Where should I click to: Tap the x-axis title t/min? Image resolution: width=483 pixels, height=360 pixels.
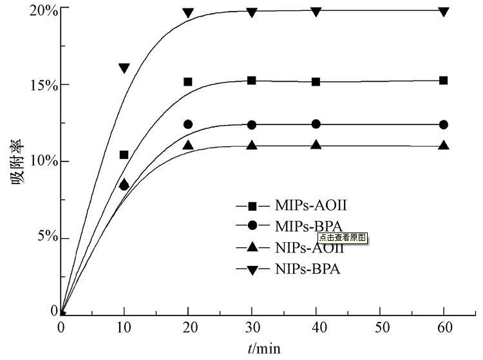264,348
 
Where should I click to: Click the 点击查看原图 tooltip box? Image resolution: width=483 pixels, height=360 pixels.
342,237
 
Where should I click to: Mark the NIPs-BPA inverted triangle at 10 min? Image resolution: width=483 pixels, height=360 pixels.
124,68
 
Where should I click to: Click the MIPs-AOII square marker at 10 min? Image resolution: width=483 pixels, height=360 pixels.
124,155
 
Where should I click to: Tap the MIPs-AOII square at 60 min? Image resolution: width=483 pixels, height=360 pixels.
443,81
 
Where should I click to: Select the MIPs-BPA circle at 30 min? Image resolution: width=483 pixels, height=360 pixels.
252,125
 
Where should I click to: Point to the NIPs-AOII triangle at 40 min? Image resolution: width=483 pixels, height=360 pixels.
316,145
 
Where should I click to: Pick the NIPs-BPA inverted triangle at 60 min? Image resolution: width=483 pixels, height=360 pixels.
443,12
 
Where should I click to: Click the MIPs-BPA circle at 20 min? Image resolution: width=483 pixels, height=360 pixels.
188,124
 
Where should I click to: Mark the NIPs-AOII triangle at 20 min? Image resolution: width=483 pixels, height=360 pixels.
188,145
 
